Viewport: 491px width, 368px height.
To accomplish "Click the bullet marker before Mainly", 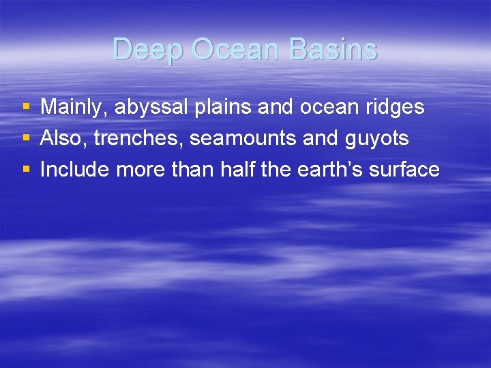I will point(26,107).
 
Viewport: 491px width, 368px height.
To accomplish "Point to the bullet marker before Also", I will point(26,138).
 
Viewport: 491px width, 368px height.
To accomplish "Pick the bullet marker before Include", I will point(26,170).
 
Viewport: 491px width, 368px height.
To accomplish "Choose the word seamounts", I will point(243,138).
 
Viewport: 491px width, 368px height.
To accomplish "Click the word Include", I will point(75,170).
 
